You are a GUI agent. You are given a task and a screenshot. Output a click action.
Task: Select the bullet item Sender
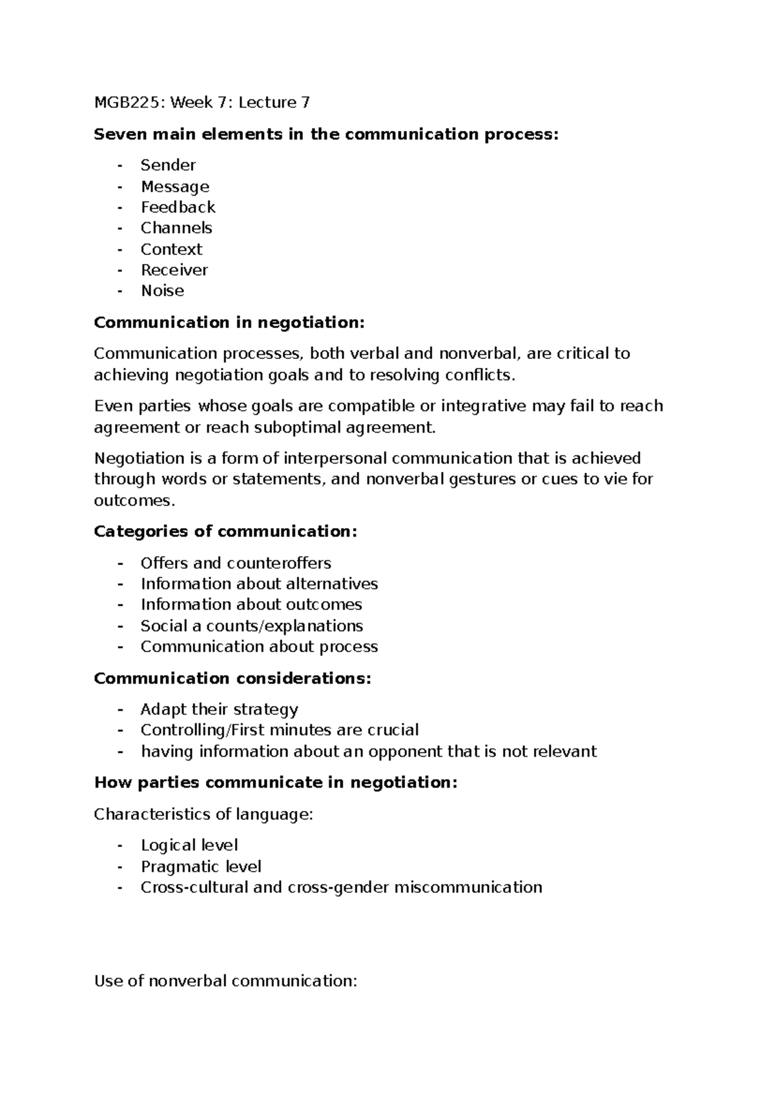(x=168, y=165)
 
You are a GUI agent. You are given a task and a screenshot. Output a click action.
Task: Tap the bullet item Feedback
(x=178, y=207)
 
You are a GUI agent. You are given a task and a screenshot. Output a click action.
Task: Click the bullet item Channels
(x=176, y=228)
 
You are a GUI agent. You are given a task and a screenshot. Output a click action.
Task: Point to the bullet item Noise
(x=162, y=291)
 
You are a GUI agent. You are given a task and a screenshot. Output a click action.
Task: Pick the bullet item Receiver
(x=174, y=270)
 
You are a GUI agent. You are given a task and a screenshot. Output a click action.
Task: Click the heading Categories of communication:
(x=225, y=531)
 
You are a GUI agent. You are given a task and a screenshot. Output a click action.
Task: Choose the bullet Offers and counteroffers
(x=236, y=563)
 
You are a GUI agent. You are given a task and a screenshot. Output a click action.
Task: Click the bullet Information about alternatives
(x=259, y=584)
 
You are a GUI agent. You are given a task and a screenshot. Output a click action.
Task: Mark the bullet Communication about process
(x=259, y=646)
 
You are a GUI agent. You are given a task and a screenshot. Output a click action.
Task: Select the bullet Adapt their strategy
(x=219, y=710)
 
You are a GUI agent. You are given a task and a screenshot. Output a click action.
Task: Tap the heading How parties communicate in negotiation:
(x=276, y=783)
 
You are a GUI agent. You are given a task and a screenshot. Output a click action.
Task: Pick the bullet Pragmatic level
(x=201, y=866)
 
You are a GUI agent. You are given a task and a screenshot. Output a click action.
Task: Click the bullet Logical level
(x=189, y=845)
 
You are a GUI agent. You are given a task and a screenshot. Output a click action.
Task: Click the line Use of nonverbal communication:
(x=225, y=981)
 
